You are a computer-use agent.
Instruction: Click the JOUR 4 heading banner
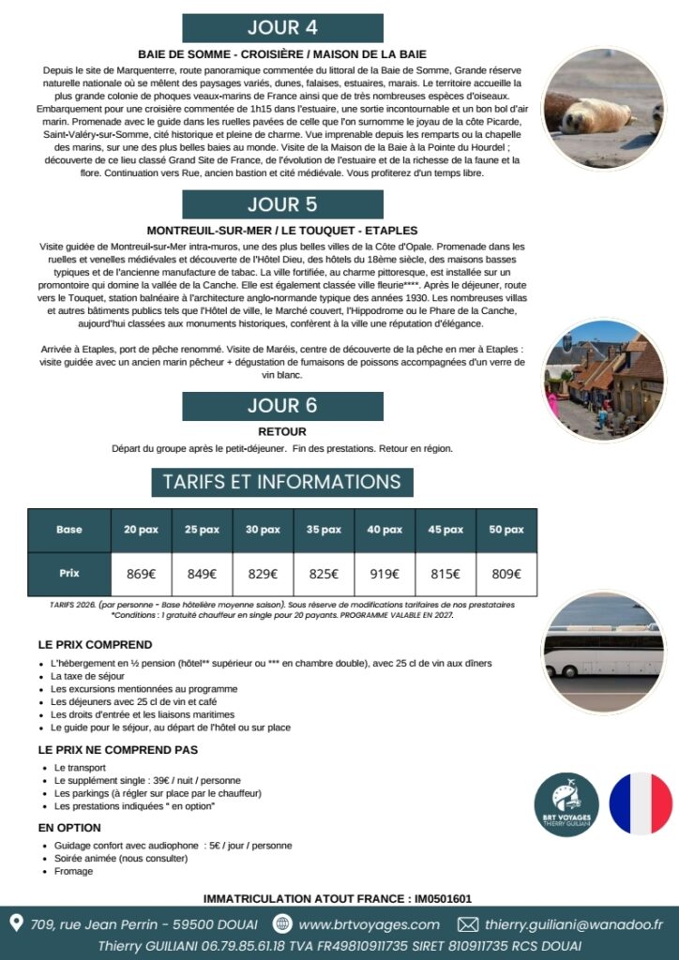[x=282, y=27]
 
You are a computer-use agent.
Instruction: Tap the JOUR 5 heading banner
[x=282, y=203]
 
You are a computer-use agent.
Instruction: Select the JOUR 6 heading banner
[x=282, y=406]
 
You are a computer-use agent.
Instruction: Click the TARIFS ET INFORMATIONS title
[x=282, y=482]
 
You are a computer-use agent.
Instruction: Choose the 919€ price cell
[x=385, y=574]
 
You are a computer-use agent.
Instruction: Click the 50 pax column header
[x=506, y=530]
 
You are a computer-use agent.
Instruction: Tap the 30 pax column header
[x=263, y=530]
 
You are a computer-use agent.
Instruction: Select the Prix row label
[x=69, y=573]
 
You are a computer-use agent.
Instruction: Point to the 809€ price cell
[x=506, y=574]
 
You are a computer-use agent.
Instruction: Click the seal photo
[x=603, y=108]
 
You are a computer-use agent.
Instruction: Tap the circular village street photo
[x=603, y=380]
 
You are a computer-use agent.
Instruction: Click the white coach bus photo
[x=603, y=652]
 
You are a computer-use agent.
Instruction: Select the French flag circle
[x=641, y=803]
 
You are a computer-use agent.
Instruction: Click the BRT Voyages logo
[x=566, y=804]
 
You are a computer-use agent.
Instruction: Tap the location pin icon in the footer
[x=16, y=923]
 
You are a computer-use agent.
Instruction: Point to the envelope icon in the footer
[x=467, y=924]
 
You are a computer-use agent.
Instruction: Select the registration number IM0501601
[x=439, y=898]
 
